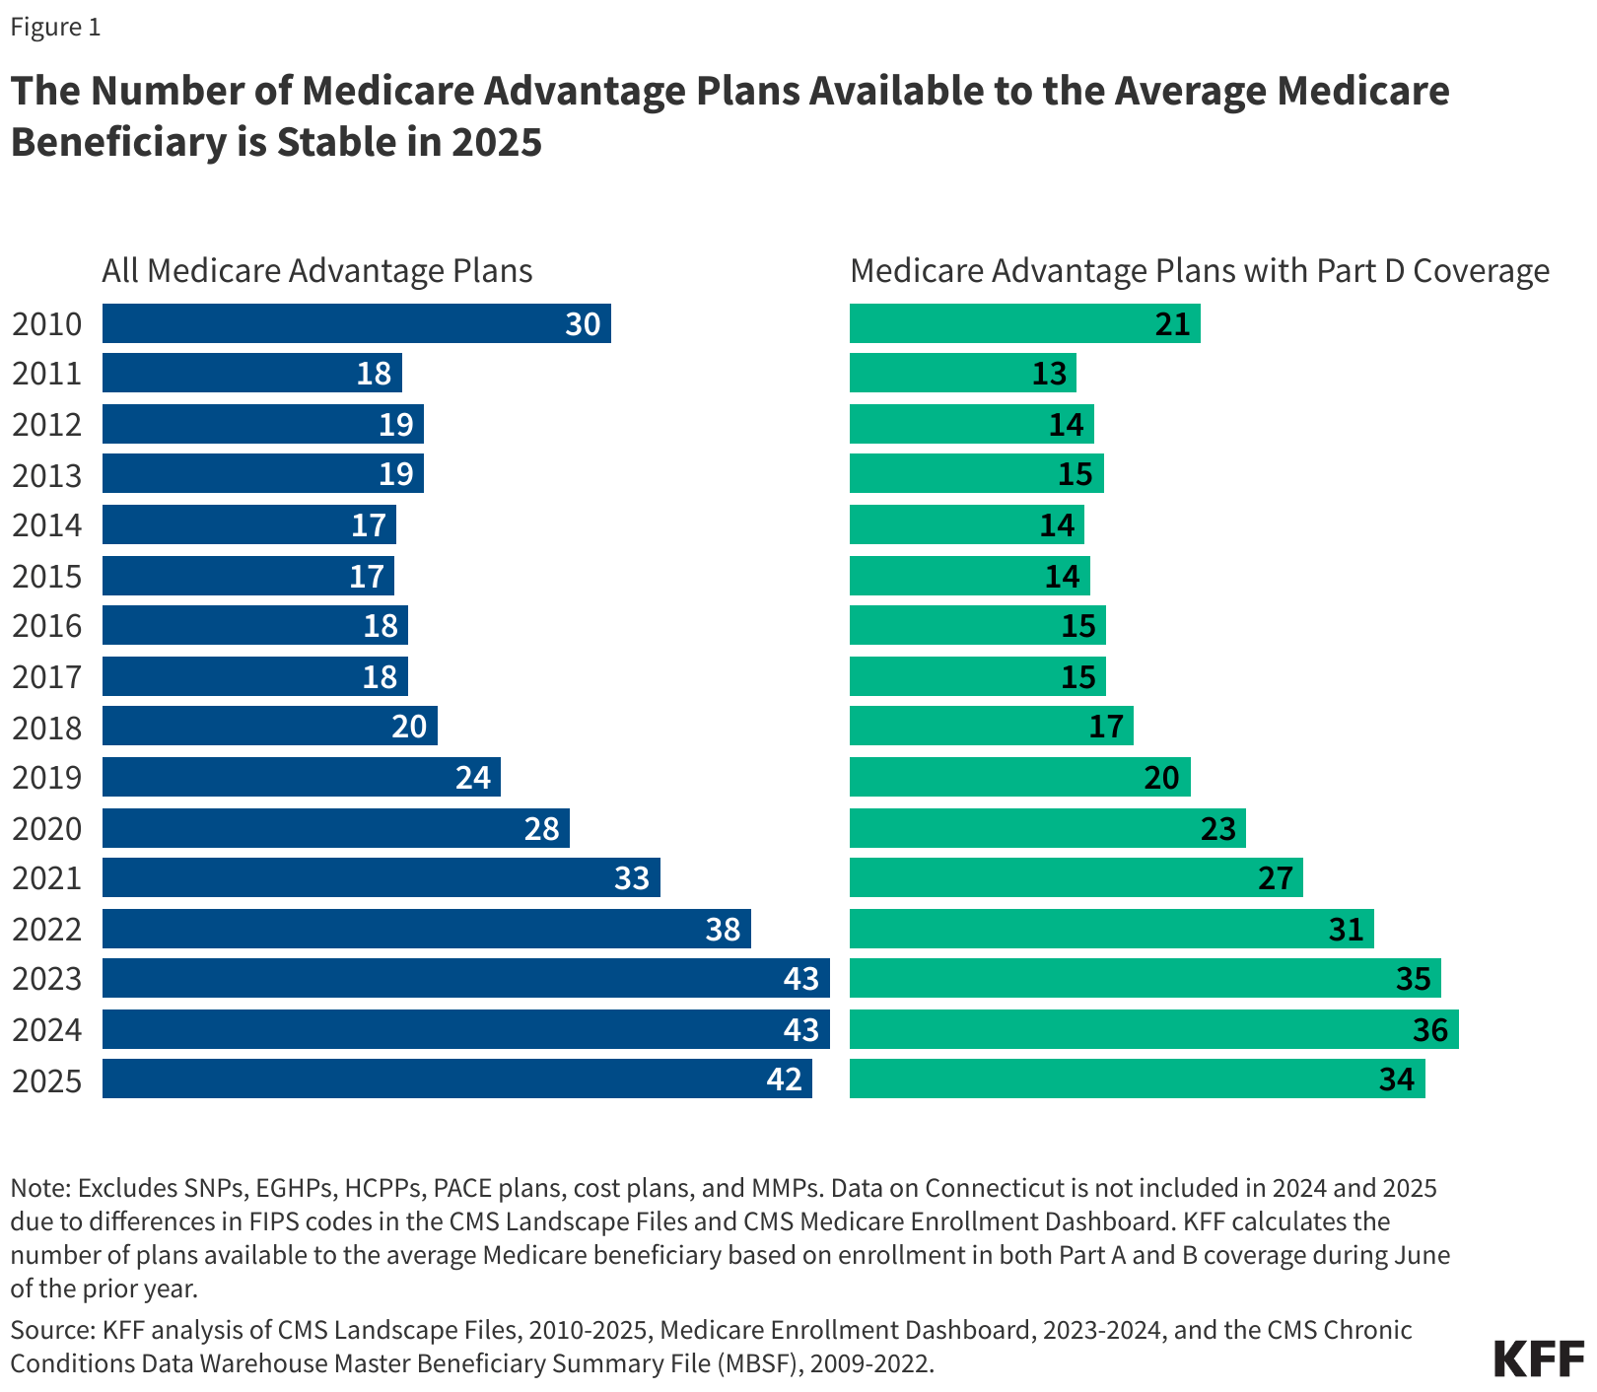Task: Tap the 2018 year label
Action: [46, 728]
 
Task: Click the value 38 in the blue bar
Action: [723, 929]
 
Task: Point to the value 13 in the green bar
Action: [1049, 374]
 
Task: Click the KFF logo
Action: [1538, 1357]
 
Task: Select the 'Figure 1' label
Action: [55, 27]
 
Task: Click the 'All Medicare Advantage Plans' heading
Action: [316, 270]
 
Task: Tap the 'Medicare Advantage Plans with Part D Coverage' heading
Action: [1199, 270]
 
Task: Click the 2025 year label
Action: [46, 1080]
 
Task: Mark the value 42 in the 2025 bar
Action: [784, 1079]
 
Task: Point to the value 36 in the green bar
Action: [1429, 1030]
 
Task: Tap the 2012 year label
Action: [46, 425]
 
